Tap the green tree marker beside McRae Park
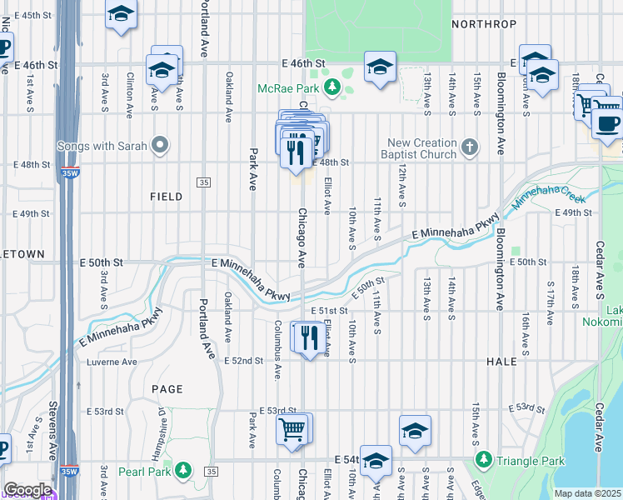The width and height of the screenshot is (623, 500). [332, 87]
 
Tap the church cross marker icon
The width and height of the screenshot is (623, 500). [470, 148]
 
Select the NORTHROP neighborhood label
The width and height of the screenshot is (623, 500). [478, 24]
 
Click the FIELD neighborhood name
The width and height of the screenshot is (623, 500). [166, 197]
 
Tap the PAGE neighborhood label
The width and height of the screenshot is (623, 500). [167, 389]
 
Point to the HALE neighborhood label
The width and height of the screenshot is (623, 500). [501, 362]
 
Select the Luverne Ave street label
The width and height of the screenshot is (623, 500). [112, 362]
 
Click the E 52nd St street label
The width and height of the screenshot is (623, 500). [244, 361]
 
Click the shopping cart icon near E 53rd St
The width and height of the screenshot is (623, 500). [292, 430]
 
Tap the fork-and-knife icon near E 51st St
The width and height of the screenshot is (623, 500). [309, 337]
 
